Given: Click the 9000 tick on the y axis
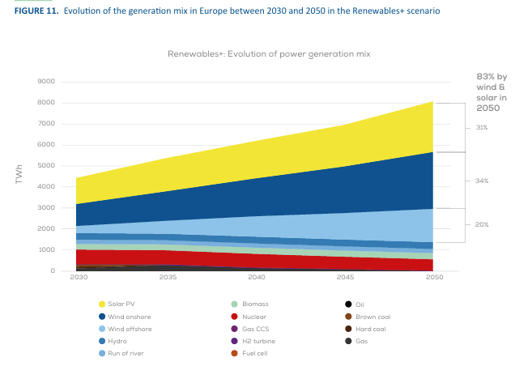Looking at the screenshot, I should point(46,82).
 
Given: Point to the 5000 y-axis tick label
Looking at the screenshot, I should point(46,166).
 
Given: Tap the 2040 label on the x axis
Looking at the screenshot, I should point(257,278).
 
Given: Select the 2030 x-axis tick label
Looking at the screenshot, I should point(78,278).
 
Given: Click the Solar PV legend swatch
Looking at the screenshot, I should point(102,304).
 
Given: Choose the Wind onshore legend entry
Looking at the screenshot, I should point(129,317).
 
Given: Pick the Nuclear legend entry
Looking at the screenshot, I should point(254,317).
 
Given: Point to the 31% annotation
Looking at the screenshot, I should point(481,128).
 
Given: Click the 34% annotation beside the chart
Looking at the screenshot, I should point(482,181).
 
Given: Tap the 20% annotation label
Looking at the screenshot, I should point(481,224).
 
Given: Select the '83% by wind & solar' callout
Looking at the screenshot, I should point(491,91).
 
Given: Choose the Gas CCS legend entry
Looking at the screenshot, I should point(255,329).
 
